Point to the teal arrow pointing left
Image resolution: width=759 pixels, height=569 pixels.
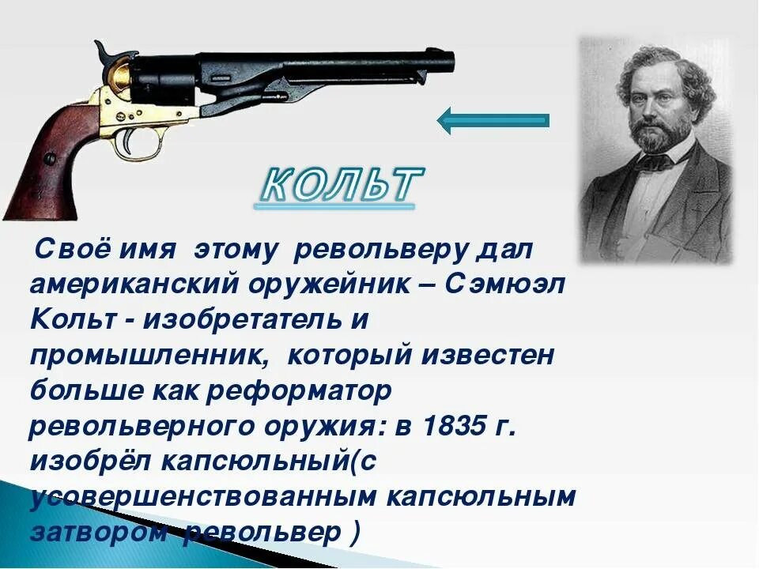tap(492, 120)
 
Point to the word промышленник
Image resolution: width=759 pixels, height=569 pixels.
tap(146, 356)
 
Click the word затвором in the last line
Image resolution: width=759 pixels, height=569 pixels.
tap(100, 533)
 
